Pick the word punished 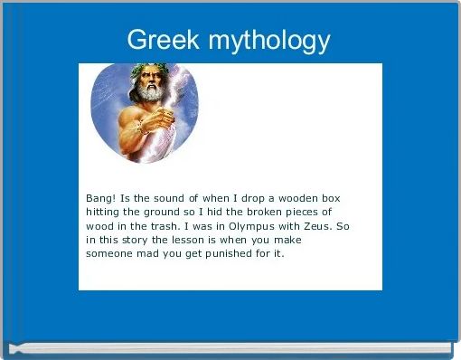pos(227,255)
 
